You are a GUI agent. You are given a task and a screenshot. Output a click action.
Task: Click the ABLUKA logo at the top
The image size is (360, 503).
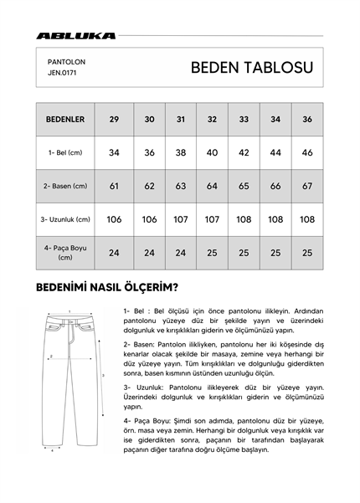(x=76, y=36)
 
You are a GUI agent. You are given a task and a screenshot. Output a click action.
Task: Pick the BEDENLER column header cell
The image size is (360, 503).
(x=64, y=120)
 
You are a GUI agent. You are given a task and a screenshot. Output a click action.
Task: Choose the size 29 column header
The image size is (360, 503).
(x=114, y=120)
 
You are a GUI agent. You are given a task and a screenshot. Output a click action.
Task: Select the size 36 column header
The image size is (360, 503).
(x=306, y=120)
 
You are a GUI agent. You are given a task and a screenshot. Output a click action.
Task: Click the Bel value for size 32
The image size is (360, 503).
(x=212, y=153)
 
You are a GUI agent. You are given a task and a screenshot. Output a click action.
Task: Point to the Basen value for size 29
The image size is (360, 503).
(x=114, y=186)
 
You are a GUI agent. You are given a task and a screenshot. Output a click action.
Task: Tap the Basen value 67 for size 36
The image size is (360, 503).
(x=306, y=186)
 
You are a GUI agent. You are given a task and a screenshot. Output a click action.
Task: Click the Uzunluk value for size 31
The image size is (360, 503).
(x=181, y=219)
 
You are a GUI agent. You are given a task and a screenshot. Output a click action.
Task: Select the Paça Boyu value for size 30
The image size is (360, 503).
(x=149, y=252)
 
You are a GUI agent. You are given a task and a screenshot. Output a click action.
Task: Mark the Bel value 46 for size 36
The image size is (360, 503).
(x=306, y=153)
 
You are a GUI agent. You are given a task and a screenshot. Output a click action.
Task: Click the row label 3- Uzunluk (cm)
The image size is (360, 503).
(x=64, y=219)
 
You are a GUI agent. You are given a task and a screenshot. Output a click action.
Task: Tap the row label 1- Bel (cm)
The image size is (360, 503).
(x=64, y=153)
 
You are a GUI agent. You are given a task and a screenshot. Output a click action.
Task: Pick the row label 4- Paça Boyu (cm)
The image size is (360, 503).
(x=64, y=252)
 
